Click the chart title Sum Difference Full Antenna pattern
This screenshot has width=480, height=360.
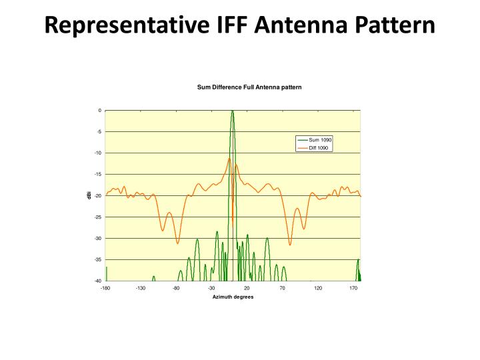coord(249,87)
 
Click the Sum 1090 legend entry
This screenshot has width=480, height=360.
coord(319,139)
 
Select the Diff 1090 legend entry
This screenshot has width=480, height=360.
coord(319,147)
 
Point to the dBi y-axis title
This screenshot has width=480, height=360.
coord(88,195)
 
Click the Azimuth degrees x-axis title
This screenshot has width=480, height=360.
coord(233,297)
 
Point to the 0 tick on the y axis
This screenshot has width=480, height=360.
coord(99,111)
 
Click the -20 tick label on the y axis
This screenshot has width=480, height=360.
coord(97,196)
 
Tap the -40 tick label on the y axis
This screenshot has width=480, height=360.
coord(97,281)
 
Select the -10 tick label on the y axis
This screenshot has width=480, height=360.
coord(97,153)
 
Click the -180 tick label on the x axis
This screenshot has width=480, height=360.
coord(105,288)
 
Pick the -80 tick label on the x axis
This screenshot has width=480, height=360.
coord(176,288)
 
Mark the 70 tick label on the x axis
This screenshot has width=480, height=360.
coord(283,288)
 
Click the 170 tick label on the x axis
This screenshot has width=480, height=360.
coord(354,288)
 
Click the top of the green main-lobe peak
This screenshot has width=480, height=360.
coord(232,111)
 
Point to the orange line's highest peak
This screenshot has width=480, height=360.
coord(229,159)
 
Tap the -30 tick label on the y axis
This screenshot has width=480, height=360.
coord(97,238)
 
